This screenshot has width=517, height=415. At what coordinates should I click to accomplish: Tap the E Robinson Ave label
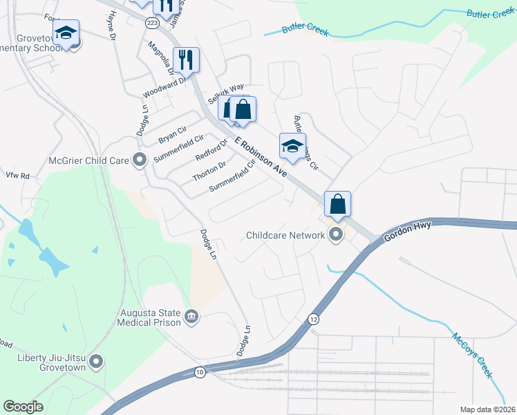point(260,155)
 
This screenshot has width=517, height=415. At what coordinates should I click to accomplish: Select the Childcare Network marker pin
point(337,235)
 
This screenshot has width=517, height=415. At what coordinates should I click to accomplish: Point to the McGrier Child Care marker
point(140,160)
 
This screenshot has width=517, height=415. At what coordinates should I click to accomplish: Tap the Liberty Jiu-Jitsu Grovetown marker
point(96,361)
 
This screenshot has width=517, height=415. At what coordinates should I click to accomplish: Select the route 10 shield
point(200,372)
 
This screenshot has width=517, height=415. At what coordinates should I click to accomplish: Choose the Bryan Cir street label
point(173,134)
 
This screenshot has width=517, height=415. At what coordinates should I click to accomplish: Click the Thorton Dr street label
point(209,171)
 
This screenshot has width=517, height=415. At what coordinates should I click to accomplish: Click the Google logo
point(23,407)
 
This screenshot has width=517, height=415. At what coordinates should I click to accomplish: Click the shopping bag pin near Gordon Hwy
point(337,204)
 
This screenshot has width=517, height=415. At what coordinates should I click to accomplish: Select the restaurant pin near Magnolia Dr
point(186,59)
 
